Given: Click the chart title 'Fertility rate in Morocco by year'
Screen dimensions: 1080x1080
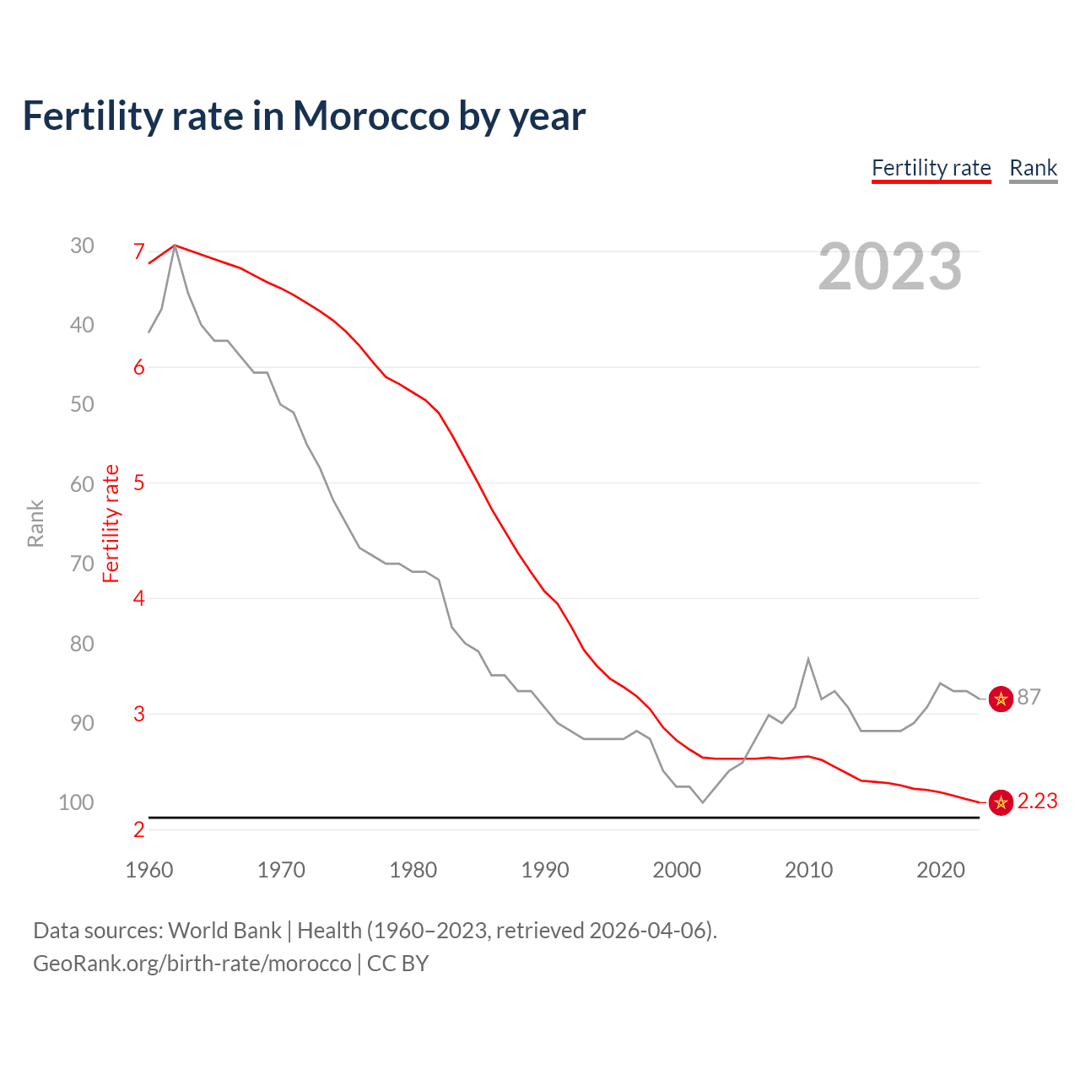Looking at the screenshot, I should (x=304, y=116).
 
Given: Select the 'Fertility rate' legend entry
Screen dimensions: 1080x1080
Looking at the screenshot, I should (x=931, y=168).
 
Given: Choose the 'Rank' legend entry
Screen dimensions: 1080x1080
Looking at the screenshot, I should (x=1033, y=168).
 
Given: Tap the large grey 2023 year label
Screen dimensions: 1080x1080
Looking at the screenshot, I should (x=890, y=267).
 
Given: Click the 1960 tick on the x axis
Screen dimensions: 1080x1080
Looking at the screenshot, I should (x=148, y=870).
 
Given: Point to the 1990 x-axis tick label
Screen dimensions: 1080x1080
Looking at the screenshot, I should (x=545, y=870).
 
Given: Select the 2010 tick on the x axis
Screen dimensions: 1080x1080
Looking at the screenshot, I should (x=808, y=870).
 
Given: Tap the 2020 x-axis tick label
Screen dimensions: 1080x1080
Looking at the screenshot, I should (x=940, y=870).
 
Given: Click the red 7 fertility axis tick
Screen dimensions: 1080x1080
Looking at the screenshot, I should (x=139, y=251).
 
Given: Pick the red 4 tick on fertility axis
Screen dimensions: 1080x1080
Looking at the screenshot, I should (x=139, y=598).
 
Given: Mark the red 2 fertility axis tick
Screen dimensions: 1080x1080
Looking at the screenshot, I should (x=139, y=829).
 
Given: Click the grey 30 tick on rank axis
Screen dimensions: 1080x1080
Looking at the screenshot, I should (x=82, y=246).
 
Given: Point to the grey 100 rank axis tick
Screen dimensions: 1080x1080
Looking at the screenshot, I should (x=77, y=802).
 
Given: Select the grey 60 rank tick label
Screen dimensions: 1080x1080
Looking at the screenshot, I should (x=82, y=484).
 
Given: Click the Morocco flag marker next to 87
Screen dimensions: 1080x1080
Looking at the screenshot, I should (x=1001, y=698).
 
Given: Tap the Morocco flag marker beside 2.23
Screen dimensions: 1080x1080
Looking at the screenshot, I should (x=1001, y=802).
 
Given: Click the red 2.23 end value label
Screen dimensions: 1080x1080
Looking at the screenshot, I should (x=1037, y=801).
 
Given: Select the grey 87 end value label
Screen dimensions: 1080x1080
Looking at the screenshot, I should (x=1029, y=697).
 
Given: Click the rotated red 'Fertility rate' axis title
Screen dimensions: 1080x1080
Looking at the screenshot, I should (x=111, y=523).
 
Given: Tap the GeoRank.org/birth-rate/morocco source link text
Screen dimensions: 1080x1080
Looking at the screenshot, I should (x=192, y=963).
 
